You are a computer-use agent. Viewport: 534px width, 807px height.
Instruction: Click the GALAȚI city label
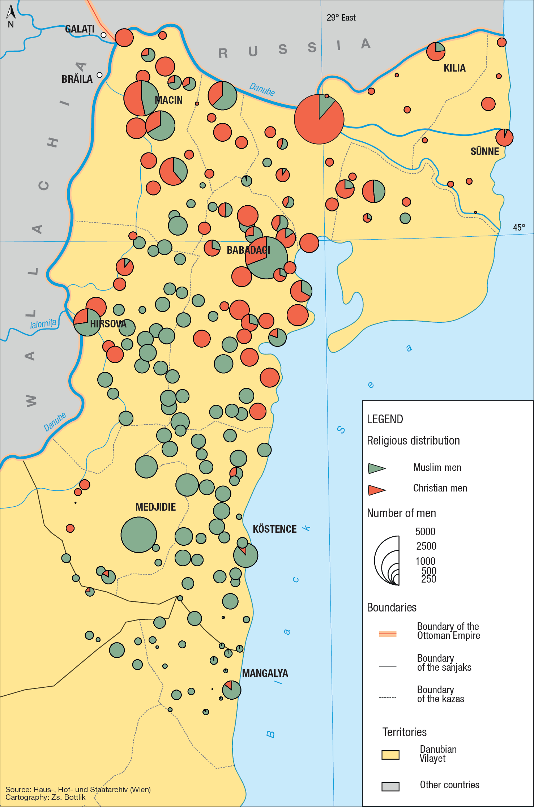click(x=80, y=29)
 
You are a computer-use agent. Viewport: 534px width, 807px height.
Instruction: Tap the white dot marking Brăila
click(x=100, y=75)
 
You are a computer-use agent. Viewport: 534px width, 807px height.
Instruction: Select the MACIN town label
click(x=168, y=100)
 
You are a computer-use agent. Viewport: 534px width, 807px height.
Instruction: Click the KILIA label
click(x=454, y=68)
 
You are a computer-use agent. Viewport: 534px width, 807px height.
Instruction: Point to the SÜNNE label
click(x=484, y=151)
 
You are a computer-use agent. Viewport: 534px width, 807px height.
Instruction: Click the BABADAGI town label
click(x=248, y=250)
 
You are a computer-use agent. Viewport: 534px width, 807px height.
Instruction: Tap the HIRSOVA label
click(x=108, y=324)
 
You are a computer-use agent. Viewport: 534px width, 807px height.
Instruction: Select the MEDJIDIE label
click(x=155, y=507)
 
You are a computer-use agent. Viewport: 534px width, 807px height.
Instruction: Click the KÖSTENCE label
click(x=274, y=529)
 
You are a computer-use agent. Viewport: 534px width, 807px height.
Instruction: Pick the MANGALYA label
click(x=265, y=673)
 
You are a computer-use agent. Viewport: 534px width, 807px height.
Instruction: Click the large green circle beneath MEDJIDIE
click(x=139, y=535)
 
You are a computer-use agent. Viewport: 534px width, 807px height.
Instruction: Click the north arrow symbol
click(x=11, y=13)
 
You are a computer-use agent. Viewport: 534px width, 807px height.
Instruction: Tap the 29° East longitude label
click(x=341, y=18)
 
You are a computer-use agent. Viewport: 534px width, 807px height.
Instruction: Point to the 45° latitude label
click(x=519, y=227)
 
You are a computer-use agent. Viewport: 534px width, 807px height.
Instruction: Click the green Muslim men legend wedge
click(x=376, y=468)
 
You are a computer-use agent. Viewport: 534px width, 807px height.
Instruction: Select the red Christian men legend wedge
click(x=376, y=490)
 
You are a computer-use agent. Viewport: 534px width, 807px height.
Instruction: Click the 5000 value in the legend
click(x=425, y=532)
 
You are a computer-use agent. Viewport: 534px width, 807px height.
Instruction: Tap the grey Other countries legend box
click(x=390, y=786)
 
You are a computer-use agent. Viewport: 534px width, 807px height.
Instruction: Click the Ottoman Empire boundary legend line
click(x=388, y=634)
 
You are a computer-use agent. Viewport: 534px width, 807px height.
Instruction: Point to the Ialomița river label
click(x=43, y=323)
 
